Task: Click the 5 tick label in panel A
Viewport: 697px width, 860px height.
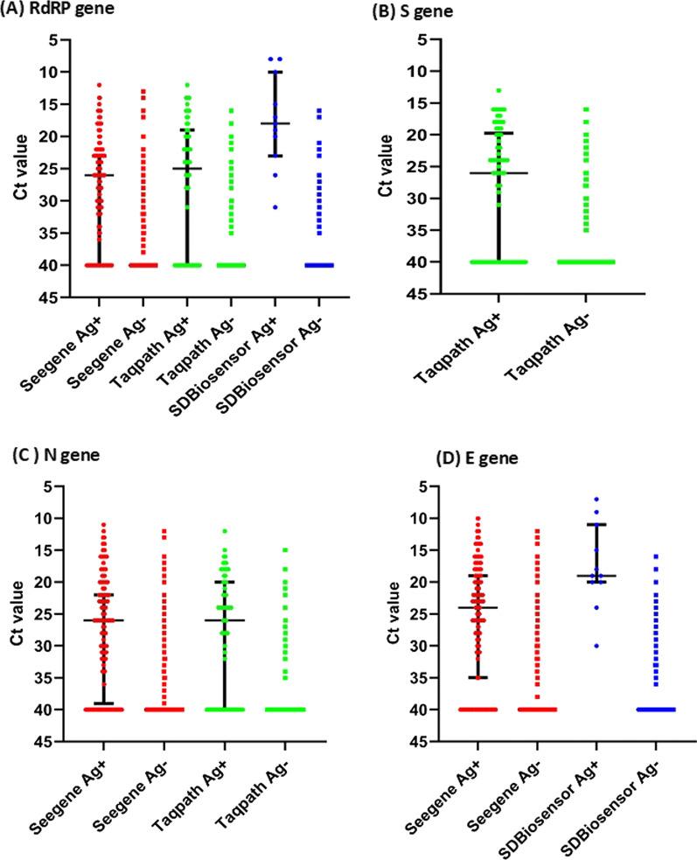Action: coord(52,39)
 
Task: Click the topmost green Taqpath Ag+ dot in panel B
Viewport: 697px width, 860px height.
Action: coord(499,90)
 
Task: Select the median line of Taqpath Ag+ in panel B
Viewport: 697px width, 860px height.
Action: coord(499,173)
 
